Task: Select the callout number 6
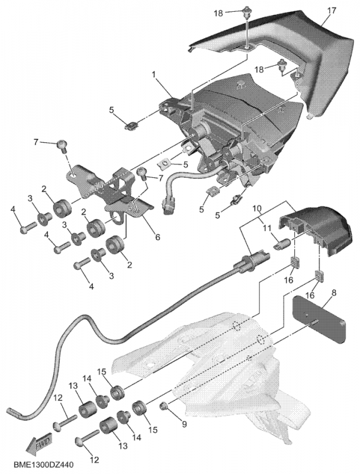tap(157, 237)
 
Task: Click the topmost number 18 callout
tap(218, 12)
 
